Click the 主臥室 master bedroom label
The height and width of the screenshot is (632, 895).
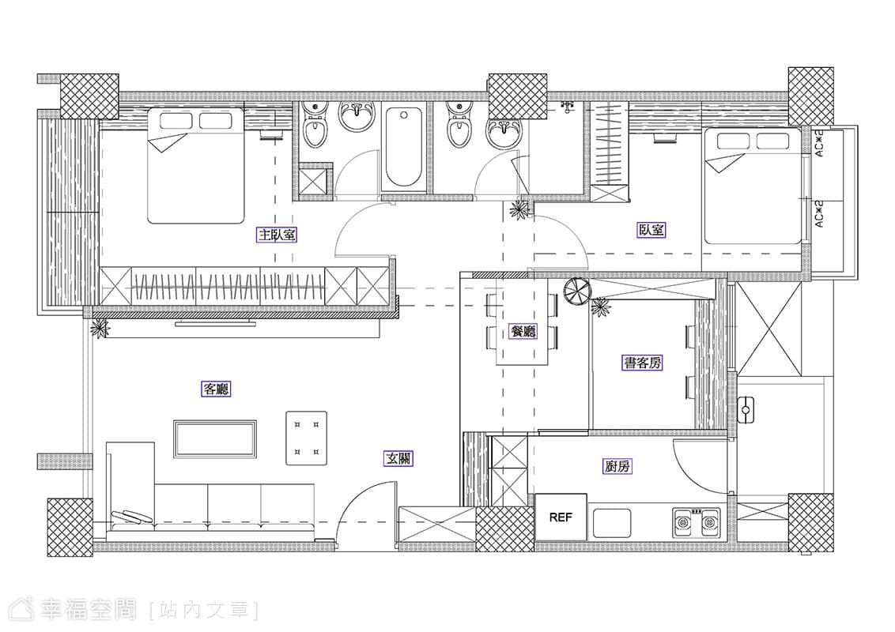click(278, 235)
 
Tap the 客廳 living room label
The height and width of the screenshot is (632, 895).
click(217, 389)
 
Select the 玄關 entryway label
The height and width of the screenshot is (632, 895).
click(398, 459)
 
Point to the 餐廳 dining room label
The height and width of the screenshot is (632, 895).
click(523, 331)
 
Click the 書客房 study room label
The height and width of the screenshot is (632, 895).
click(642, 363)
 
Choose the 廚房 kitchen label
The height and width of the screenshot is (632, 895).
click(617, 467)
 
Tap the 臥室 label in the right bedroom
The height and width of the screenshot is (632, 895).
click(651, 230)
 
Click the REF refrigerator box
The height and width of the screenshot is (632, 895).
click(561, 517)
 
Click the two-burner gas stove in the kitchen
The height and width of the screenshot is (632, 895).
click(697, 522)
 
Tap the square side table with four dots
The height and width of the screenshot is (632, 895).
click(307, 438)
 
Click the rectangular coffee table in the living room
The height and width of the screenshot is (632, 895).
click(215, 439)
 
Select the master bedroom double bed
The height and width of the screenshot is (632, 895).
click(196, 165)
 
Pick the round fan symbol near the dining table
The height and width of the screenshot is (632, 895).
click(576, 292)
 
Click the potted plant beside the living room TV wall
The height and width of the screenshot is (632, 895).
click(99, 329)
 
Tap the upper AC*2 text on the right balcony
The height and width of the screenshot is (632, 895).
click(819, 144)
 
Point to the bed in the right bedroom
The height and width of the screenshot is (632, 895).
click(753, 186)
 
